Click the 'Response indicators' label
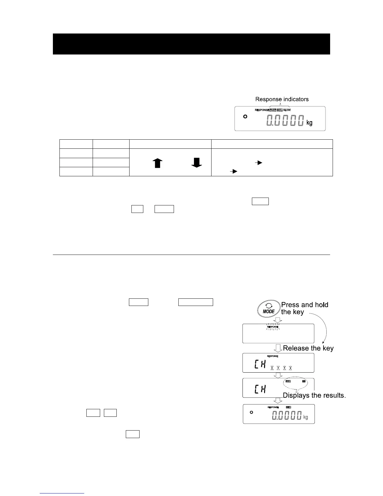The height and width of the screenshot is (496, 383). pos(282,99)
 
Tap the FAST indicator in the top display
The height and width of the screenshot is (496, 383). pos(273,110)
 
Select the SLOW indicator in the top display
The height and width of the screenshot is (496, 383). pos(287,110)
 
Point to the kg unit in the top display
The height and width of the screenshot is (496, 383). pos(309,123)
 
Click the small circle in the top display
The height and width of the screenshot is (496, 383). pos(245,116)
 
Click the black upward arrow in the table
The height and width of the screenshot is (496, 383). pos(158,163)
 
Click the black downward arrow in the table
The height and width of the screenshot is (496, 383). pos(197,162)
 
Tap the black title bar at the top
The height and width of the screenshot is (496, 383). pos(191,44)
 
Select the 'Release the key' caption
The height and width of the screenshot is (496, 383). pos(308,348)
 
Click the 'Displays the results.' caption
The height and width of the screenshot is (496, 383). pos(314,395)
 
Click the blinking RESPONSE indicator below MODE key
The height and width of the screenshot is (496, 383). pos(273,327)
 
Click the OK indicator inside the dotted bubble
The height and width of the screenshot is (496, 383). pos(304,381)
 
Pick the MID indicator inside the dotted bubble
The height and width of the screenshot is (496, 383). pos(288,381)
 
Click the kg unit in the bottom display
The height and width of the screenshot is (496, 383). pos(305,417)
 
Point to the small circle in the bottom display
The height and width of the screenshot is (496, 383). pos(251,412)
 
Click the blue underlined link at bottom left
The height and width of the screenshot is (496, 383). pos(62,493)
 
